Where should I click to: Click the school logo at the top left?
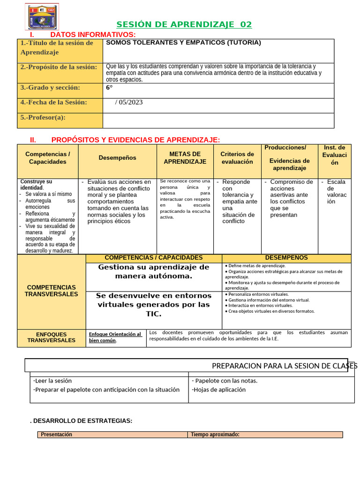(42, 17)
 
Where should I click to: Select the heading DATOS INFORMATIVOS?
(93, 35)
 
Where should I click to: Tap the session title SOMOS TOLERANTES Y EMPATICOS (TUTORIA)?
(183, 43)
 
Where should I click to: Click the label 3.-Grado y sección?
(50, 88)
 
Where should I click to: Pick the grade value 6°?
(110, 88)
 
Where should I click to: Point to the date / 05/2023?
(129, 102)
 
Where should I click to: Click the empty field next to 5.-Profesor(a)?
(218, 120)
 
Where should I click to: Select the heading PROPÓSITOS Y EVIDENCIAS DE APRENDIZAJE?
(135, 140)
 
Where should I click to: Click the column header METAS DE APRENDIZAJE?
(185, 158)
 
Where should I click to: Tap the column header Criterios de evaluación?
(237, 158)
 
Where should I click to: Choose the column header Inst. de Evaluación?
(334, 155)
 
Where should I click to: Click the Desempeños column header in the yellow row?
(117, 158)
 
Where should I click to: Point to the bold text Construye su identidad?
(36, 185)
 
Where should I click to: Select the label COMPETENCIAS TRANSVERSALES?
(51, 291)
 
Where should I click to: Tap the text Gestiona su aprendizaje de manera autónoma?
(154, 271)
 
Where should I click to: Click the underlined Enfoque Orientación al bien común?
(115, 337)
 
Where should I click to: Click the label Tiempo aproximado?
(215, 435)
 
